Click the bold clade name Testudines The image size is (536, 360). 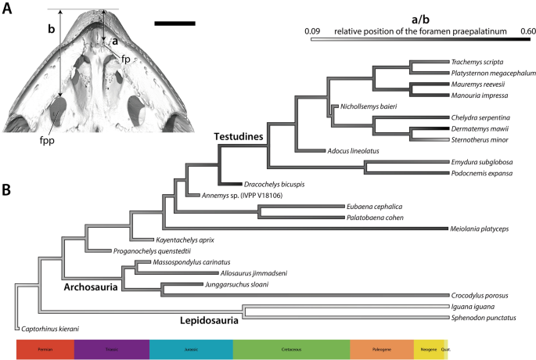(x=239, y=137)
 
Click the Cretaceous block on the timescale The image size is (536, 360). (x=291, y=349)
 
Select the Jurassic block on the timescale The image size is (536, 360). (x=190, y=349)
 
